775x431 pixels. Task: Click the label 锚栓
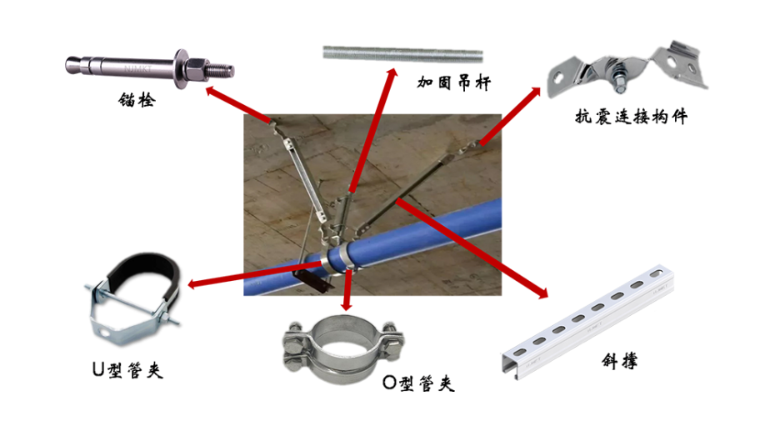pos(137,100)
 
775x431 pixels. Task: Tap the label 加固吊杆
pos(453,83)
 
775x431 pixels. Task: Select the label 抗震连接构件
pos(631,117)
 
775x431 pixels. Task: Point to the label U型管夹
pos(127,369)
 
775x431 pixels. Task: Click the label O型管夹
pos(418,383)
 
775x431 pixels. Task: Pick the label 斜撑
pos(619,361)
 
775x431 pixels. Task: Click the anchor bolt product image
pos(150,68)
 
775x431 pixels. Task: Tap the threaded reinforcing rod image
pos(402,54)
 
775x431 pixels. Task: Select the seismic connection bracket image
pos(627,68)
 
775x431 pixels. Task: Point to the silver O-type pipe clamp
pos(343,348)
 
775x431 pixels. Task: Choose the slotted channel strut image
pos(588,322)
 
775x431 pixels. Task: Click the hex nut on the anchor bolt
pos(197,68)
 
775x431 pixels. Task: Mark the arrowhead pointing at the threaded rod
pos(392,73)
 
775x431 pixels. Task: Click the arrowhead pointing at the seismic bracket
pos(536,92)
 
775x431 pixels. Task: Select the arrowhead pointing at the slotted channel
pos(542,293)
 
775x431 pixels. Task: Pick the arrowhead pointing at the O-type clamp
pos(347,306)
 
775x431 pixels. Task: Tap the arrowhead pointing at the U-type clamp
pos(192,284)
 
